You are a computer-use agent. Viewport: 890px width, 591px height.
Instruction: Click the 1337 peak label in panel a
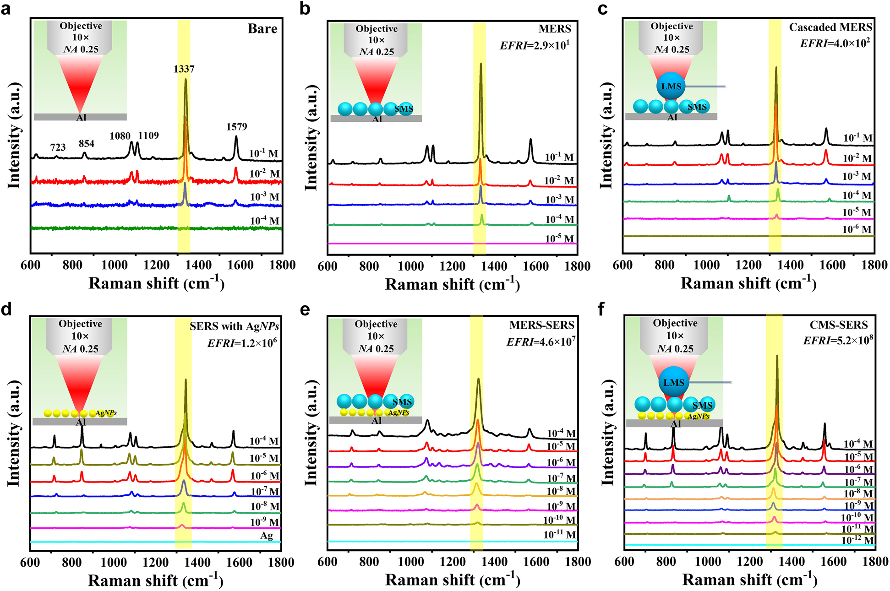pos(184,69)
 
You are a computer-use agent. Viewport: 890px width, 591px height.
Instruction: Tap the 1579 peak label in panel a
pos(236,127)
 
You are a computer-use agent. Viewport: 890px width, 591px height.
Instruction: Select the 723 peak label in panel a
pos(58,147)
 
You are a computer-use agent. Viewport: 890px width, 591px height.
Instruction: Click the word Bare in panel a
pos(262,29)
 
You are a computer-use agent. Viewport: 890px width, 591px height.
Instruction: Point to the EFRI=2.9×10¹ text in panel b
pos(535,45)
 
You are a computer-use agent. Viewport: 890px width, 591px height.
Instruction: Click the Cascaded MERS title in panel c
pos(830,27)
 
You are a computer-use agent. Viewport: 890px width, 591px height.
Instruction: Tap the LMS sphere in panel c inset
pos(671,87)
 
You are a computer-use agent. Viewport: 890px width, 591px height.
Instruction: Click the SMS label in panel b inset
pos(404,109)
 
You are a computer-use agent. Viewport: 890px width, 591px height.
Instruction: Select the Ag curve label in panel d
pos(266,535)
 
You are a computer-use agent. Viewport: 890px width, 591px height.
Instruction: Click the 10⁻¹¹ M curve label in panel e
pos(559,535)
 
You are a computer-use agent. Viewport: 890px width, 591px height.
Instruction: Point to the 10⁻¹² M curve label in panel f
pos(858,540)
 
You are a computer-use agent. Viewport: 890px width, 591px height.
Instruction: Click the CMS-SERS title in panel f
pos(838,325)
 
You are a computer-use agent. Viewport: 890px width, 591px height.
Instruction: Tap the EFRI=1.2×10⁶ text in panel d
pos(242,343)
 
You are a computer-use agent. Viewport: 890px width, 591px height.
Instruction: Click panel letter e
pos(305,309)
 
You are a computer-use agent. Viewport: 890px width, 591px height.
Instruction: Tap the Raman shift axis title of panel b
pos(452,284)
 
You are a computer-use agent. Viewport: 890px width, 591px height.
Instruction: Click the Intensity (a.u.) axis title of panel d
pos(14,433)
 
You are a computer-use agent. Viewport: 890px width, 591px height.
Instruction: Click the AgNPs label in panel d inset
pos(106,413)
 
